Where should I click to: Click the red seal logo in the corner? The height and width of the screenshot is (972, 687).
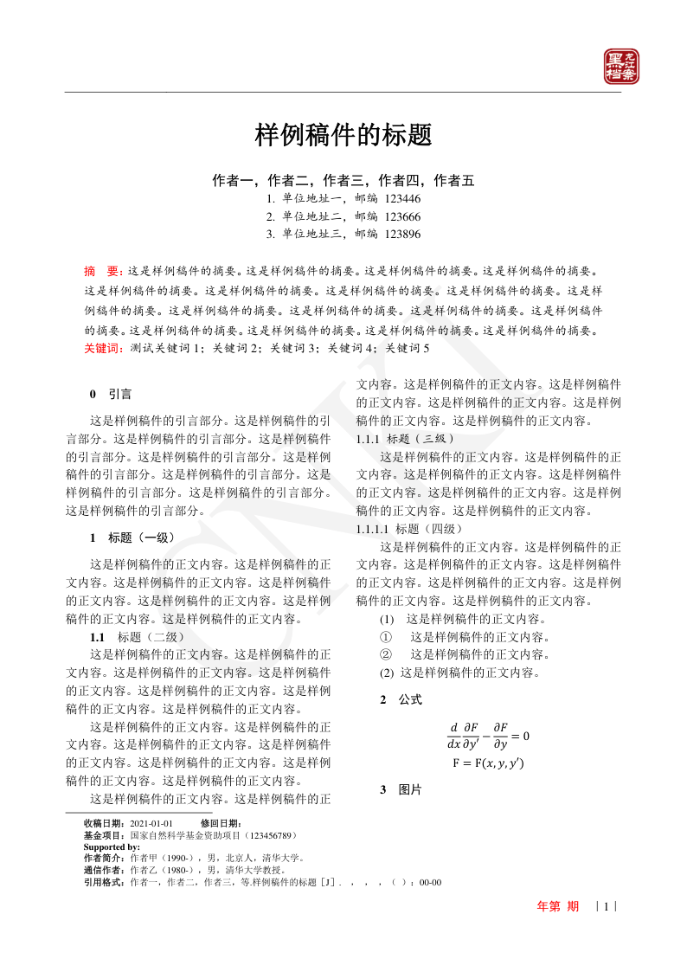pyautogui.click(x=620, y=67)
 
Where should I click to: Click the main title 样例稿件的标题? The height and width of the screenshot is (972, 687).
pyautogui.click(x=343, y=135)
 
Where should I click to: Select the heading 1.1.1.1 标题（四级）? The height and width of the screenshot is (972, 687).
pyautogui.click(x=409, y=528)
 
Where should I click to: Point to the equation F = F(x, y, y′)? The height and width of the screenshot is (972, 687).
pyautogui.click(x=488, y=763)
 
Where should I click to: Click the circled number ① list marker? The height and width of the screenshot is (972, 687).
pyautogui.click(x=386, y=637)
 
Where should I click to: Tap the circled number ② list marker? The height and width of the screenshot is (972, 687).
pyautogui.click(x=386, y=654)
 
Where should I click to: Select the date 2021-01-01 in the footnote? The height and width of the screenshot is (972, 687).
pyautogui.click(x=151, y=823)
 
